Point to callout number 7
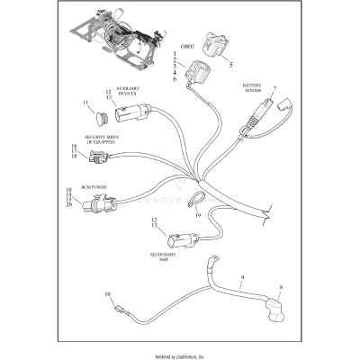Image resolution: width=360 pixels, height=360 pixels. point(274,87)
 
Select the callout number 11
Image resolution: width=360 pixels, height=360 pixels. point(86,103)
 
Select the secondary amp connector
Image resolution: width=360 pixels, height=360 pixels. point(176,241)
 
